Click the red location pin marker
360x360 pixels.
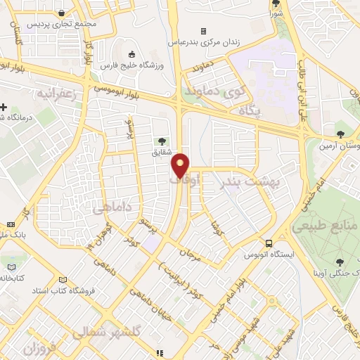click(x=181, y=165)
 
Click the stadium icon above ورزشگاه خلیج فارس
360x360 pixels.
click(x=131, y=54)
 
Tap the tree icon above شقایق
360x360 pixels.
click(x=163, y=141)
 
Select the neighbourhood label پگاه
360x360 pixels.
click(x=250, y=110)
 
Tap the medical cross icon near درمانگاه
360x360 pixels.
click(x=4, y=108)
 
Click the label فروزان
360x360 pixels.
click(x=39, y=348)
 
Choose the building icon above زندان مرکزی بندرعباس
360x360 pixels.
click(x=203, y=31)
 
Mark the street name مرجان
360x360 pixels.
click(x=191, y=253)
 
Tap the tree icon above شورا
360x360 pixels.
click(x=276, y=4)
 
